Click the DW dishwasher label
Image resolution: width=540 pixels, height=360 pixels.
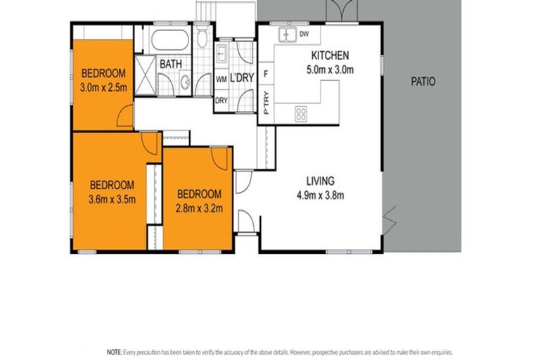point(304,34)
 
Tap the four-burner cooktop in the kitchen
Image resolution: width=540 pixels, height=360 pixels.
point(300,113)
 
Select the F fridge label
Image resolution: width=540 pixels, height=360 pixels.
point(266,73)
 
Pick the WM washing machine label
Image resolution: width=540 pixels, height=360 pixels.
point(221,79)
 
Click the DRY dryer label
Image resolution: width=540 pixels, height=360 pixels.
point(221,99)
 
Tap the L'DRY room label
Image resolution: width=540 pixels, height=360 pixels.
point(241,79)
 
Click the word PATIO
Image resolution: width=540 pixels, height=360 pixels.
point(423,82)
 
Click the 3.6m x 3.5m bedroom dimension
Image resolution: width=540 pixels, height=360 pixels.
point(111,199)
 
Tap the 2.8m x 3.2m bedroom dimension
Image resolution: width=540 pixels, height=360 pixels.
point(199,208)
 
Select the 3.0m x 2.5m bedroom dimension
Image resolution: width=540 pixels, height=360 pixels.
point(103,87)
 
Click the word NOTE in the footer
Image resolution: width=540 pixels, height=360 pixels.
point(113,350)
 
